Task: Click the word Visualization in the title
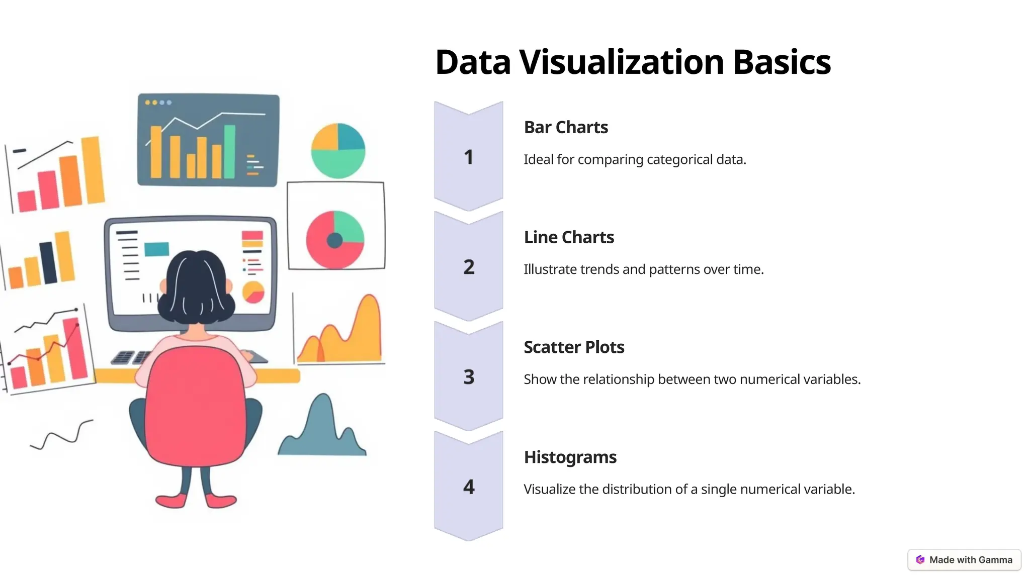(622, 62)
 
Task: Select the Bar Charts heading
(566, 128)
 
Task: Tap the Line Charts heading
(569, 237)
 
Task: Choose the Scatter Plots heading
(574, 347)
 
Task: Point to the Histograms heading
(570, 457)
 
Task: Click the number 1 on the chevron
(469, 157)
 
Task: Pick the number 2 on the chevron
(469, 267)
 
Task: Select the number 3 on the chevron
(469, 377)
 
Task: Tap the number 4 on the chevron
(469, 487)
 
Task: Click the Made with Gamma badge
(964, 560)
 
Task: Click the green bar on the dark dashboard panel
(229, 151)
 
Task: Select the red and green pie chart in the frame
(335, 239)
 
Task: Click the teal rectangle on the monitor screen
(156, 249)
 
